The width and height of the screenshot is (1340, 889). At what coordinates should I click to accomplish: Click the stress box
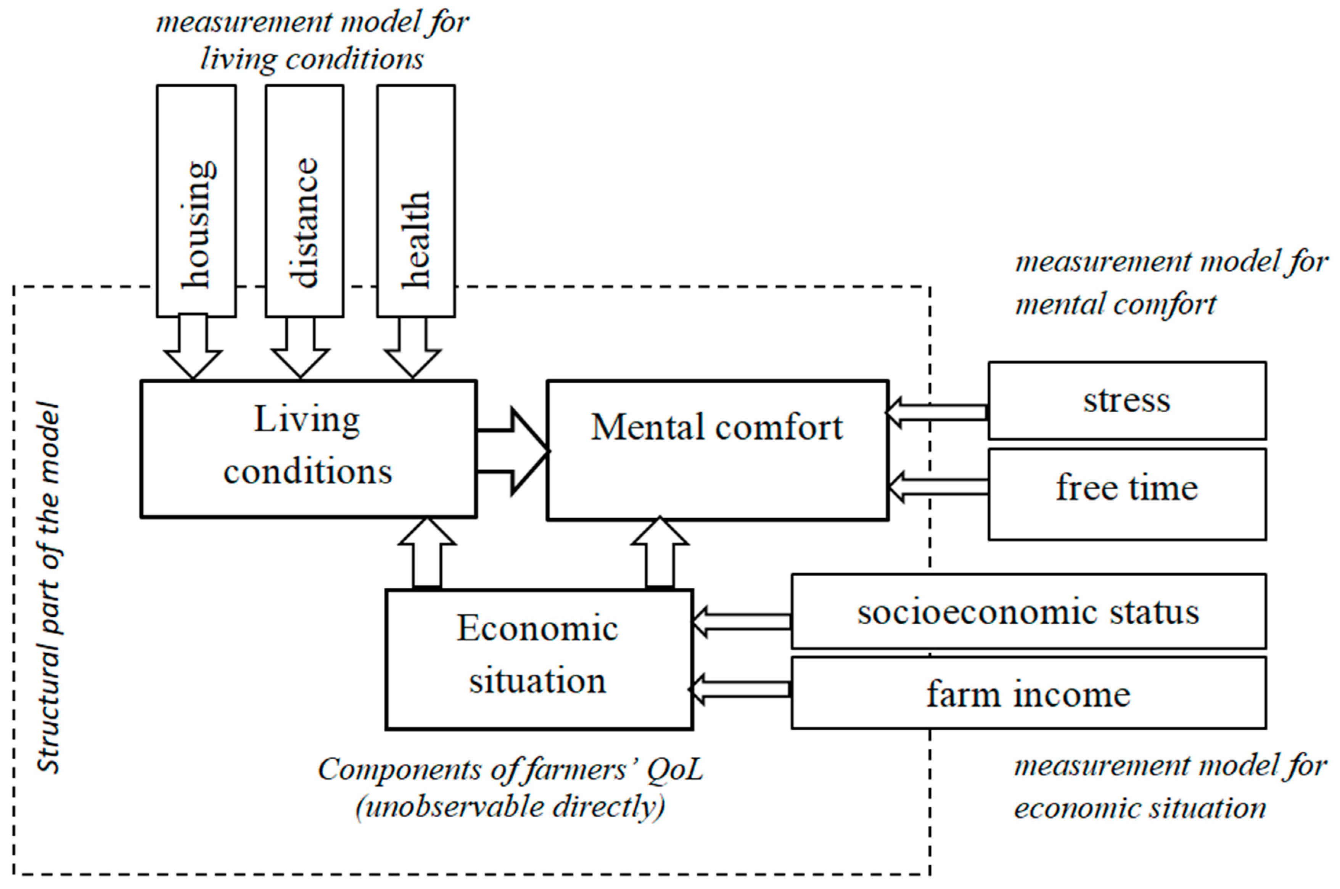(1127, 401)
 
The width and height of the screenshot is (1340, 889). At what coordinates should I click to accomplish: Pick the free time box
(1127, 494)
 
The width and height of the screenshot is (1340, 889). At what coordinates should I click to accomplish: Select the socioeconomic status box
(1028, 611)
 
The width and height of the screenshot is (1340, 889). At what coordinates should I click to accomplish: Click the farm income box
(1028, 693)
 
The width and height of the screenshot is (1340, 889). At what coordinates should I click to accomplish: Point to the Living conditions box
(308, 449)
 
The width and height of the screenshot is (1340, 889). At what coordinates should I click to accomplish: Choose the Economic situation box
(539, 659)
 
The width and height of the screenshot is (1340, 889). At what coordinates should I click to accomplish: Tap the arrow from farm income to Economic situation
(740, 689)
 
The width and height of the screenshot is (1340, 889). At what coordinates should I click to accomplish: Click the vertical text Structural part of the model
(49, 587)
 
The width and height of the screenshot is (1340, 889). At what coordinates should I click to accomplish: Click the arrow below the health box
(412, 347)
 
